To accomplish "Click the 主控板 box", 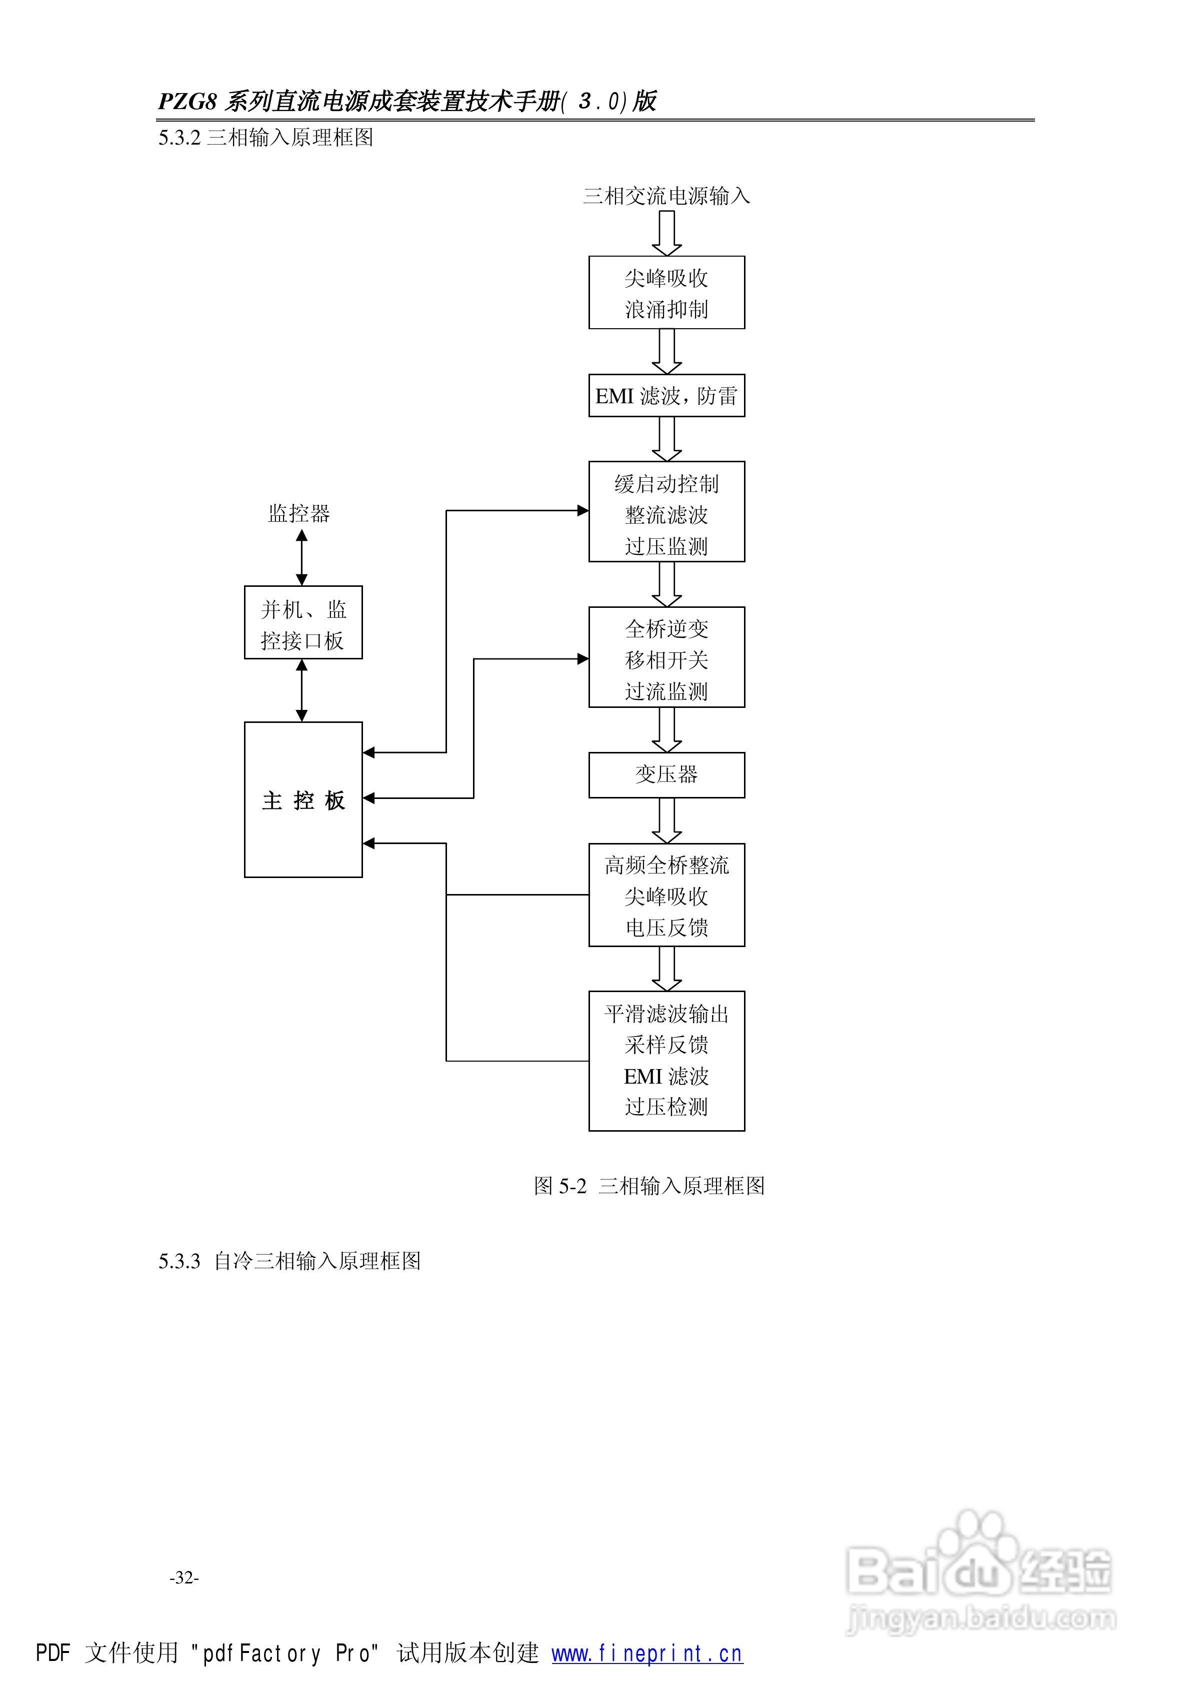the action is point(303,799).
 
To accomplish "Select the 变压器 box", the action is point(666,775).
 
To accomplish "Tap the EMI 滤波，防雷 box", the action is point(666,396).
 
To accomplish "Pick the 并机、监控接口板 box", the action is point(303,622).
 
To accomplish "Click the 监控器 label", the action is point(299,513).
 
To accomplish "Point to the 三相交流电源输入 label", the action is point(666,196).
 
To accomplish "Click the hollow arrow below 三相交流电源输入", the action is point(666,233).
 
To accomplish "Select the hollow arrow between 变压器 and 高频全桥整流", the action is point(666,820).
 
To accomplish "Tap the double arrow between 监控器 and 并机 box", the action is point(301,558).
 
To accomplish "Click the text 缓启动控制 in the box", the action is point(666,484).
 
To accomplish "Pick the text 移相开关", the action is point(666,660).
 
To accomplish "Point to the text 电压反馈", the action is point(666,928).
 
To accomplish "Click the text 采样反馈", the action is point(666,1045).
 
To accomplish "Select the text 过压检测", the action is point(666,1107).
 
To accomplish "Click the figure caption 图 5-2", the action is point(560,1186).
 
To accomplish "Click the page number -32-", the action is point(184,1577).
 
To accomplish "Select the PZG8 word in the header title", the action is point(188,101).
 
